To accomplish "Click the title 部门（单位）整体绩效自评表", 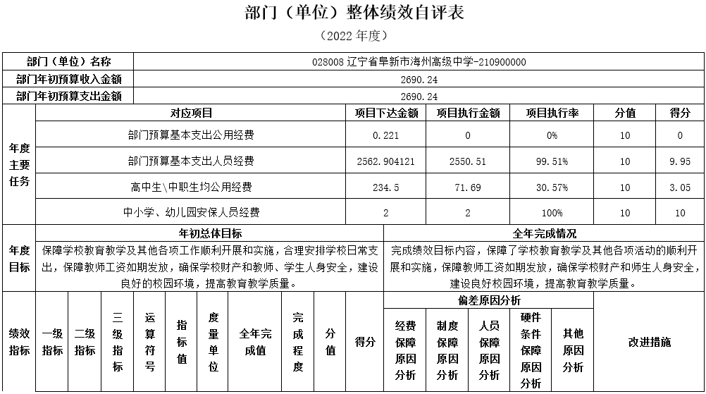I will [353, 13].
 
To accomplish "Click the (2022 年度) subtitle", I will [353, 35].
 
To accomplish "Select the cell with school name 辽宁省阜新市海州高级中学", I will [419, 62].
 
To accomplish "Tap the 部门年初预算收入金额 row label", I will [68, 80].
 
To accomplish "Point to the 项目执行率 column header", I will [552, 113].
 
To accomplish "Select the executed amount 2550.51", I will [468, 161].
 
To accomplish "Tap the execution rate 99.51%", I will [552, 161].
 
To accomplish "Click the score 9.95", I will [680, 161].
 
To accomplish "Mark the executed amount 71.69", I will [468, 187].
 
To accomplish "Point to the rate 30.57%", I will [552, 187].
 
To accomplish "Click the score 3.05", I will [680, 187].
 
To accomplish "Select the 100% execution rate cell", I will [552, 213].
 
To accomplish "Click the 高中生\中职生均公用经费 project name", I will [191, 187].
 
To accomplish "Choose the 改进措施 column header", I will [649, 343].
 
